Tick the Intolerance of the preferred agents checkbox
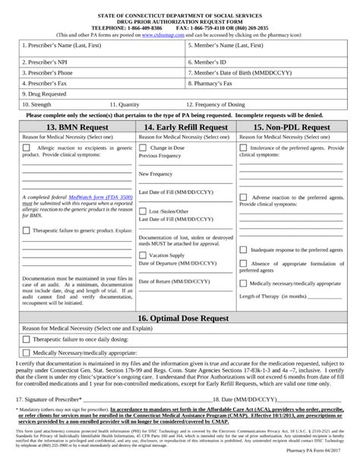click(x=242, y=147)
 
